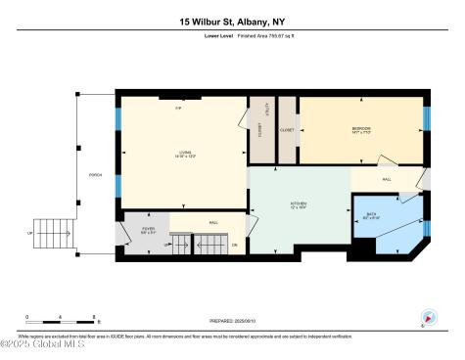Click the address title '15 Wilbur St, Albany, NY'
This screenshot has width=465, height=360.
coord(232,20)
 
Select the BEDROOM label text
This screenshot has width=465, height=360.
coord(360,130)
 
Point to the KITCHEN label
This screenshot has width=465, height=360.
coord(299,205)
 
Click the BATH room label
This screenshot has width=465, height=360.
coord(372,216)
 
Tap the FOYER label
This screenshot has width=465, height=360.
coord(148,230)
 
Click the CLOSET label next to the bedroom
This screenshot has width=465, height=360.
coord(288,129)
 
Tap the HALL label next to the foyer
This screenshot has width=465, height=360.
coord(212,222)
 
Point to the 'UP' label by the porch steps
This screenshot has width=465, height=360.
coord(30,232)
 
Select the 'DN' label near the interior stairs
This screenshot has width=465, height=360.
coord(235,243)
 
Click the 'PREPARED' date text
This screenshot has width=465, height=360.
coord(232,320)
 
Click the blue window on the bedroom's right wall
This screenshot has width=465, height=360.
coord(427,118)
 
